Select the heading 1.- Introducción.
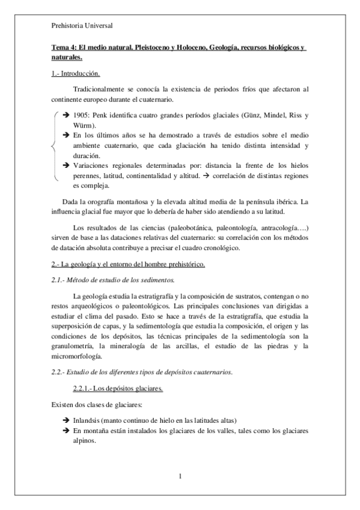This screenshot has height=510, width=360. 75,73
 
